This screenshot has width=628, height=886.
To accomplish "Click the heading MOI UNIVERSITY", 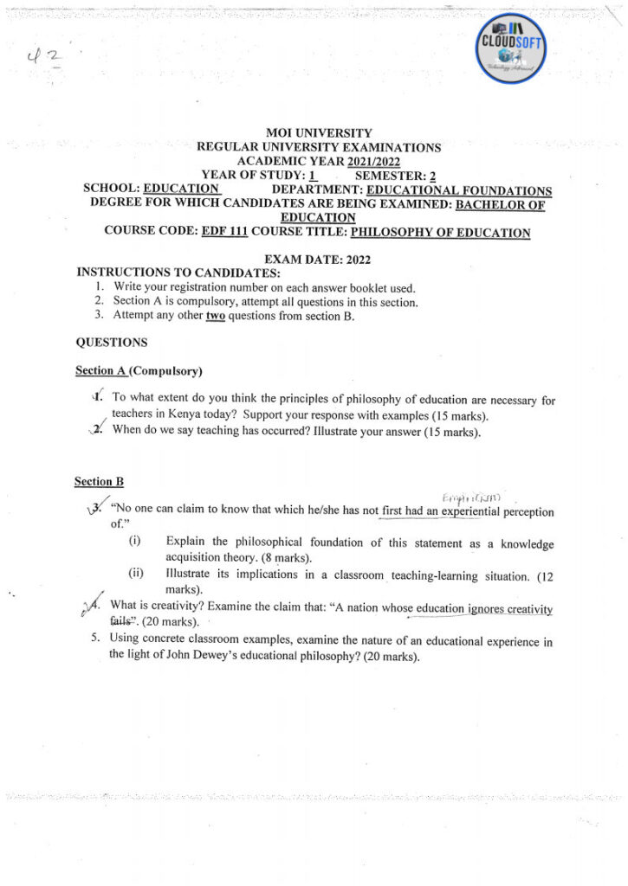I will [x=319, y=133].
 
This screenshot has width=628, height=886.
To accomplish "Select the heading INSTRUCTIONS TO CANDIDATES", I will [x=172, y=273].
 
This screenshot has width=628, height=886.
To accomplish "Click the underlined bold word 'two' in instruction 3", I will [x=214, y=316].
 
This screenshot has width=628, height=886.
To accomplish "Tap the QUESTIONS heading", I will [x=112, y=343].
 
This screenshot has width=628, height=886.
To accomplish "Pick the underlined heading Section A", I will [x=100, y=371].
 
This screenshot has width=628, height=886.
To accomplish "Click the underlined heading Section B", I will [x=99, y=481].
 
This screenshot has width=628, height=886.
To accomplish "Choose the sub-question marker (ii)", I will [x=136, y=573].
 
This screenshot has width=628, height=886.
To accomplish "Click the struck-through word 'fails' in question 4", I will [x=124, y=621].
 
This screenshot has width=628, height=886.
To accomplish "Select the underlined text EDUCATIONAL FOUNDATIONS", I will [x=459, y=190].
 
